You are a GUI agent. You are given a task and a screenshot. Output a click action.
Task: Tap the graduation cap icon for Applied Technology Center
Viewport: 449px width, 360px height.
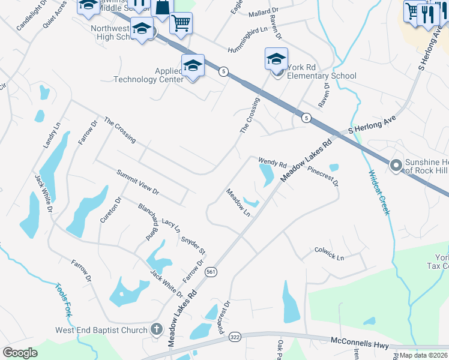coord(193,65)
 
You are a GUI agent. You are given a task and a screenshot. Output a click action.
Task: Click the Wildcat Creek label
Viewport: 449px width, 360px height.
coord(379,193)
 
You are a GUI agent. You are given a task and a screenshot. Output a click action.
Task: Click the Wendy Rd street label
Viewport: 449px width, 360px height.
coord(273,162)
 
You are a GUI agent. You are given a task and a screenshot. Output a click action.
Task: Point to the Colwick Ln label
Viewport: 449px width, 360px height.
coord(330,254)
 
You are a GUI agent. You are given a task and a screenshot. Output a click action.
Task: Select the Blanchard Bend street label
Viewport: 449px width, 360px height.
coord(147,222)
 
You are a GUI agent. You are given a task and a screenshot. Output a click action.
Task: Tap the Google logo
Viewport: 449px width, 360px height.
coord(20,353)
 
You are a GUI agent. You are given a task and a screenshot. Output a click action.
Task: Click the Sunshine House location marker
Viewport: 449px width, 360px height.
coord(396,164)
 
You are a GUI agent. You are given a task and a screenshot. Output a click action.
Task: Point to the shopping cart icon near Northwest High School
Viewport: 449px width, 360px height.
coord(181,23)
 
